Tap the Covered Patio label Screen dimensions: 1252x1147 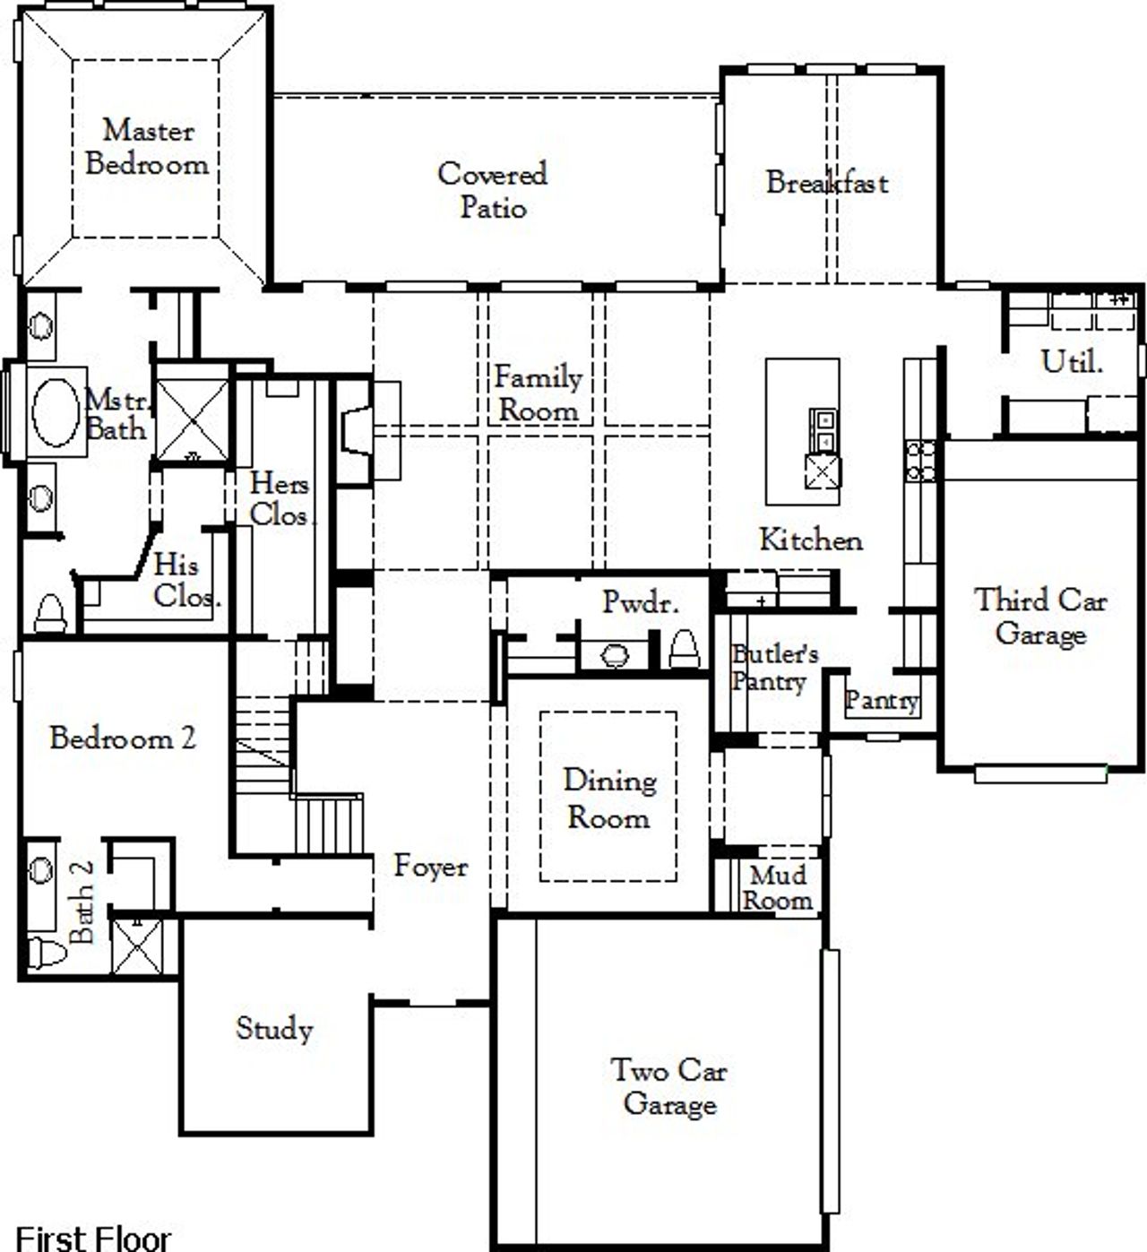pyautogui.click(x=492, y=190)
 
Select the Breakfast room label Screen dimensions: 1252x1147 pyautogui.click(x=827, y=183)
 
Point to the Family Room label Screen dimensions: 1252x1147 pyautogui.click(x=538, y=393)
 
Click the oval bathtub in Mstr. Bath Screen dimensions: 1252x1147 pyautogui.click(x=56, y=412)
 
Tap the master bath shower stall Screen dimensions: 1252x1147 pyautogui.click(x=193, y=420)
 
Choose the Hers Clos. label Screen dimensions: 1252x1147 pyautogui.click(x=280, y=499)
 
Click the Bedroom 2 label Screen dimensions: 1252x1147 pyautogui.click(x=122, y=738)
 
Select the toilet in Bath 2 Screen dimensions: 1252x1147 pyautogui.click(x=47, y=953)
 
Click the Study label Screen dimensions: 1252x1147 pyautogui.click(x=274, y=1028)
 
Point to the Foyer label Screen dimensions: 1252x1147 pyautogui.click(x=431, y=866)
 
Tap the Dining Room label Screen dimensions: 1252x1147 pyautogui.click(x=609, y=799)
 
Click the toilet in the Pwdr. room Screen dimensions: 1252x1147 pyautogui.click(x=684, y=647)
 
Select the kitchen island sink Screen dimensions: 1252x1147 pyautogui.click(x=823, y=429)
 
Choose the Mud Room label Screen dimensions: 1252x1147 pyautogui.click(x=777, y=887)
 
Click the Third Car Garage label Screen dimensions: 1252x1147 pyautogui.click(x=1040, y=617)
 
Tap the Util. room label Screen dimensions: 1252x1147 pyautogui.click(x=1072, y=362)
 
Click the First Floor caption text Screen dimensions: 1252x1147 pyautogui.click(x=93, y=1238)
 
